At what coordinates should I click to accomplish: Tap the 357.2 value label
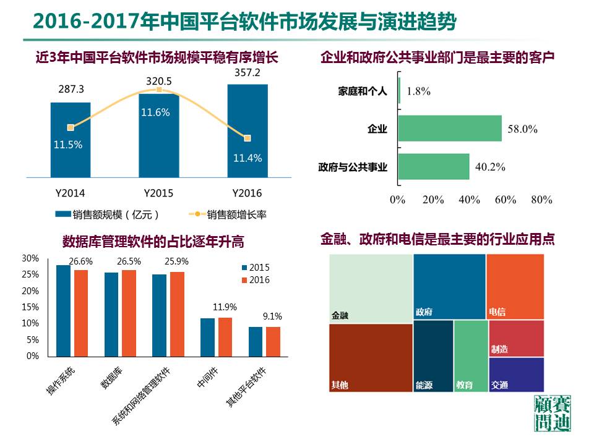tap(247, 74)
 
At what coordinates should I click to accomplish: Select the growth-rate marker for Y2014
tap(71, 127)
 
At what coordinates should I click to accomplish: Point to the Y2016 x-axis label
tap(247, 193)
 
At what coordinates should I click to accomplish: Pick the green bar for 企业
tap(450, 129)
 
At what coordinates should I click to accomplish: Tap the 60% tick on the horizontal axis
tap(506, 200)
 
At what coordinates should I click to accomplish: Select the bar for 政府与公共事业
tap(434, 167)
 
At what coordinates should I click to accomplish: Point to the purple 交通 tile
tap(516, 375)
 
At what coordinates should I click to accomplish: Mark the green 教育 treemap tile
tap(471, 356)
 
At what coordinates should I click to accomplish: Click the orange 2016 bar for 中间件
tap(225, 337)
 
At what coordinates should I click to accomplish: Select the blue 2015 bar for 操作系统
tap(63, 310)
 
